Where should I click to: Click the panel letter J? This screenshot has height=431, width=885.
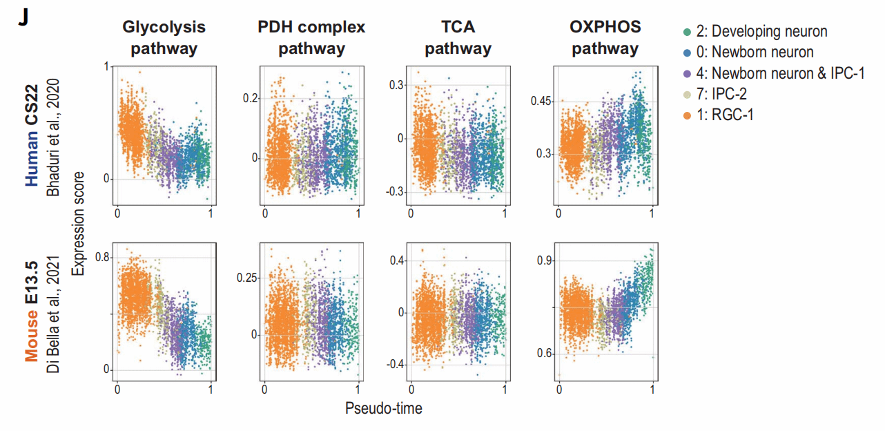pyautogui.click(x=23, y=18)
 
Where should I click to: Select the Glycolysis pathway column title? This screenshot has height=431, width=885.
pyautogui.click(x=164, y=38)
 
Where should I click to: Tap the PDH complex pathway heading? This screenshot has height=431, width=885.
pyautogui.click(x=311, y=38)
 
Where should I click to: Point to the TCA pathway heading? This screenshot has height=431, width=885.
pyautogui.click(x=458, y=38)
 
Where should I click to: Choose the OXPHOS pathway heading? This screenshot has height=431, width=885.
pyautogui.click(x=605, y=38)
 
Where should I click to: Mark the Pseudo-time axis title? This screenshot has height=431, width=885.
pyautogui.click(x=383, y=408)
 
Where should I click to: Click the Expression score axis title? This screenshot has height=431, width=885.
pyautogui.click(x=80, y=223)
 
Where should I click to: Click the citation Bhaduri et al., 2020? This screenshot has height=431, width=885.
pyautogui.click(x=55, y=137)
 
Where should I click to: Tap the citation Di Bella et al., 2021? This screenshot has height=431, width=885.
pyautogui.click(x=55, y=314)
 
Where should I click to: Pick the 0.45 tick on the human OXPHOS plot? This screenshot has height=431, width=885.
pyautogui.click(x=542, y=102)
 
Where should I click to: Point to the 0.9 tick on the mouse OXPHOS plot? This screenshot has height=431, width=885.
pyautogui.click(x=545, y=260)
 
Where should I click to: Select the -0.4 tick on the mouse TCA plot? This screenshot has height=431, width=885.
pyautogui.click(x=397, y=364)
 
